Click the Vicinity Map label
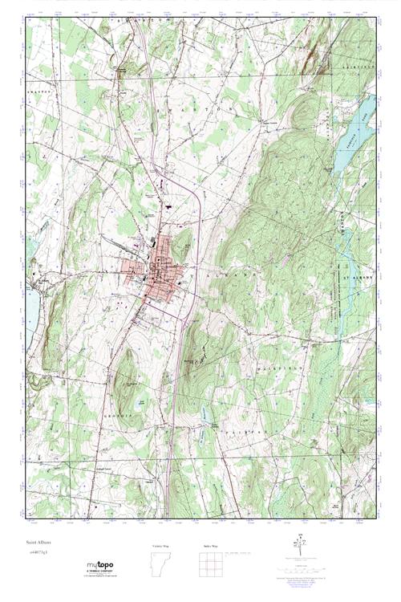coord(161,546)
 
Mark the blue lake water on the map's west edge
coord(28,309)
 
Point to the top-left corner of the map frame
coord(26,18)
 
